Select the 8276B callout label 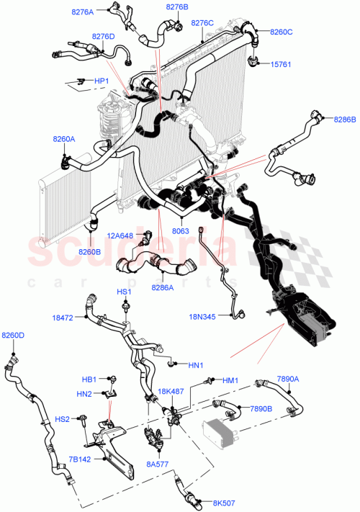(176, 6)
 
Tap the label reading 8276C (202, 23)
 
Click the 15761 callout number (280, 64)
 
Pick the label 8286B (343, 121)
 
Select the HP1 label (102, 81)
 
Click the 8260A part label (63, 140)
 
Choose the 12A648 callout (120, 235)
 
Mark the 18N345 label (202, 315)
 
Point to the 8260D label (12, 336)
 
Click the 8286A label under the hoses (162, 287)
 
